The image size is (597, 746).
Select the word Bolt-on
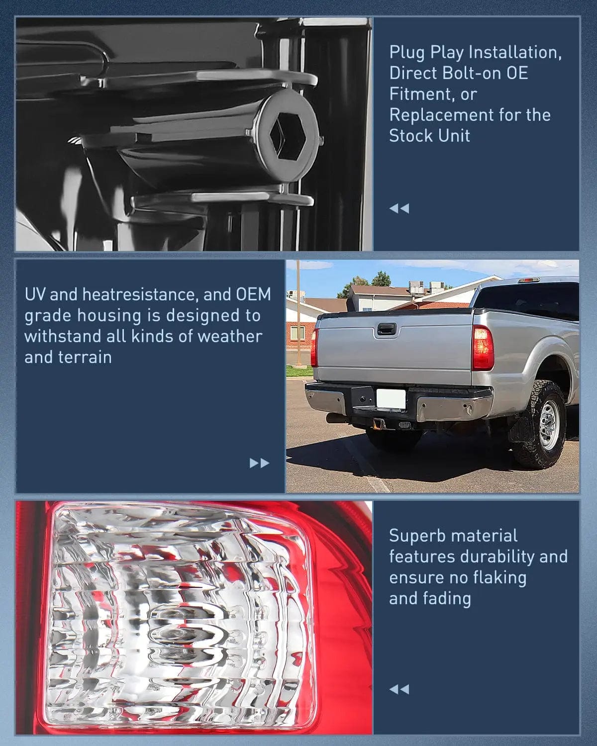pos(454,73)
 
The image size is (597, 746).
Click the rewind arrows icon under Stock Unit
pos(399,208)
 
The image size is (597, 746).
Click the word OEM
pos(253,294)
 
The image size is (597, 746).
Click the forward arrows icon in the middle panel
pos(259,464)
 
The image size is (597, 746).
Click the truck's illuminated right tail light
pos(482,348)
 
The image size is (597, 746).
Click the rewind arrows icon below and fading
pos(399,689)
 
